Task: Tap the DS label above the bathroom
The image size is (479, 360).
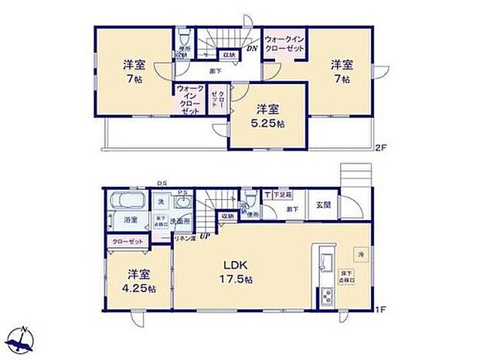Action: [163, 183]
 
